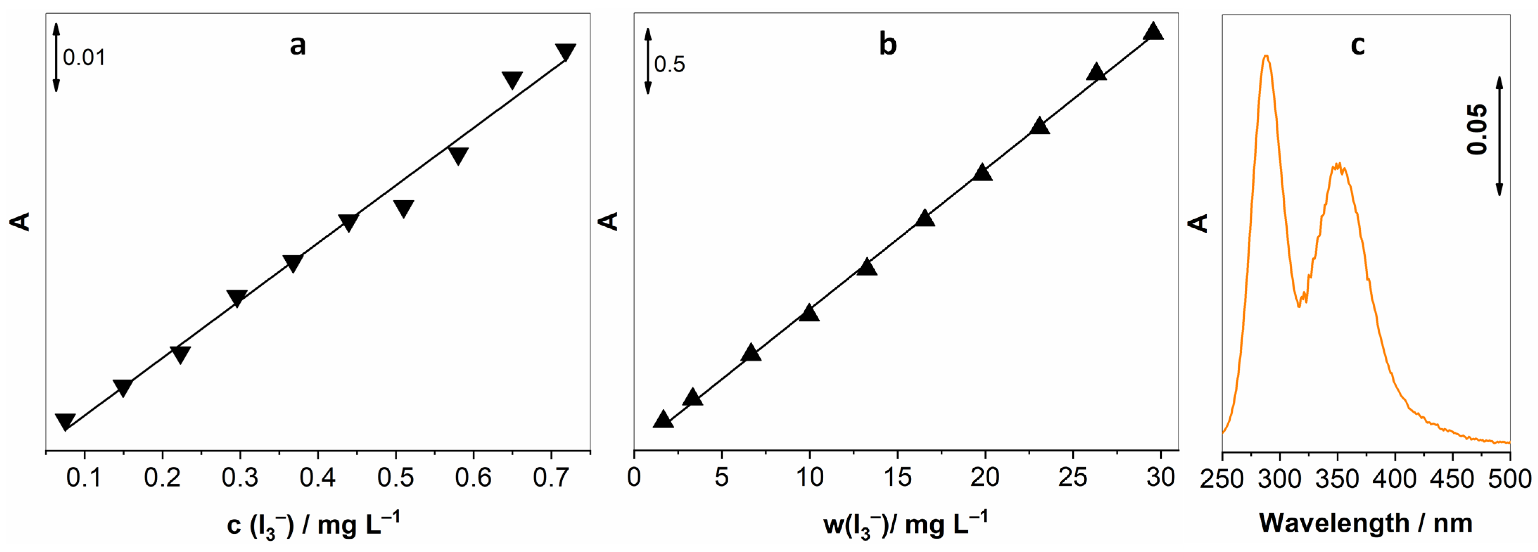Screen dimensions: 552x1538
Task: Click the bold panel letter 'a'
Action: click(x=297, y=45)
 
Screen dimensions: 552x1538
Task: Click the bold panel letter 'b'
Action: click(x=887, y=45)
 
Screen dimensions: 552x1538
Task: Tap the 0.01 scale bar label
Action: click(x=84, y=58)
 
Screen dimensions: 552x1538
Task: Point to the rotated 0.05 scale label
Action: click(x=1477, y=129)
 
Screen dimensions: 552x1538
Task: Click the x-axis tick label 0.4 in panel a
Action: click(x=318, y=478)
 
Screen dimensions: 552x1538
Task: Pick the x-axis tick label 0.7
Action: click(x=550, y=478)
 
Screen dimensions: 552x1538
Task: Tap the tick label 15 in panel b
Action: click(x=897, y=478)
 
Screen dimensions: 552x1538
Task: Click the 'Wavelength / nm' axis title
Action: click(x=1365, y=523)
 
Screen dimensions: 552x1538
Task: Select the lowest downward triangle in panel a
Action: click(x=65, y=421)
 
